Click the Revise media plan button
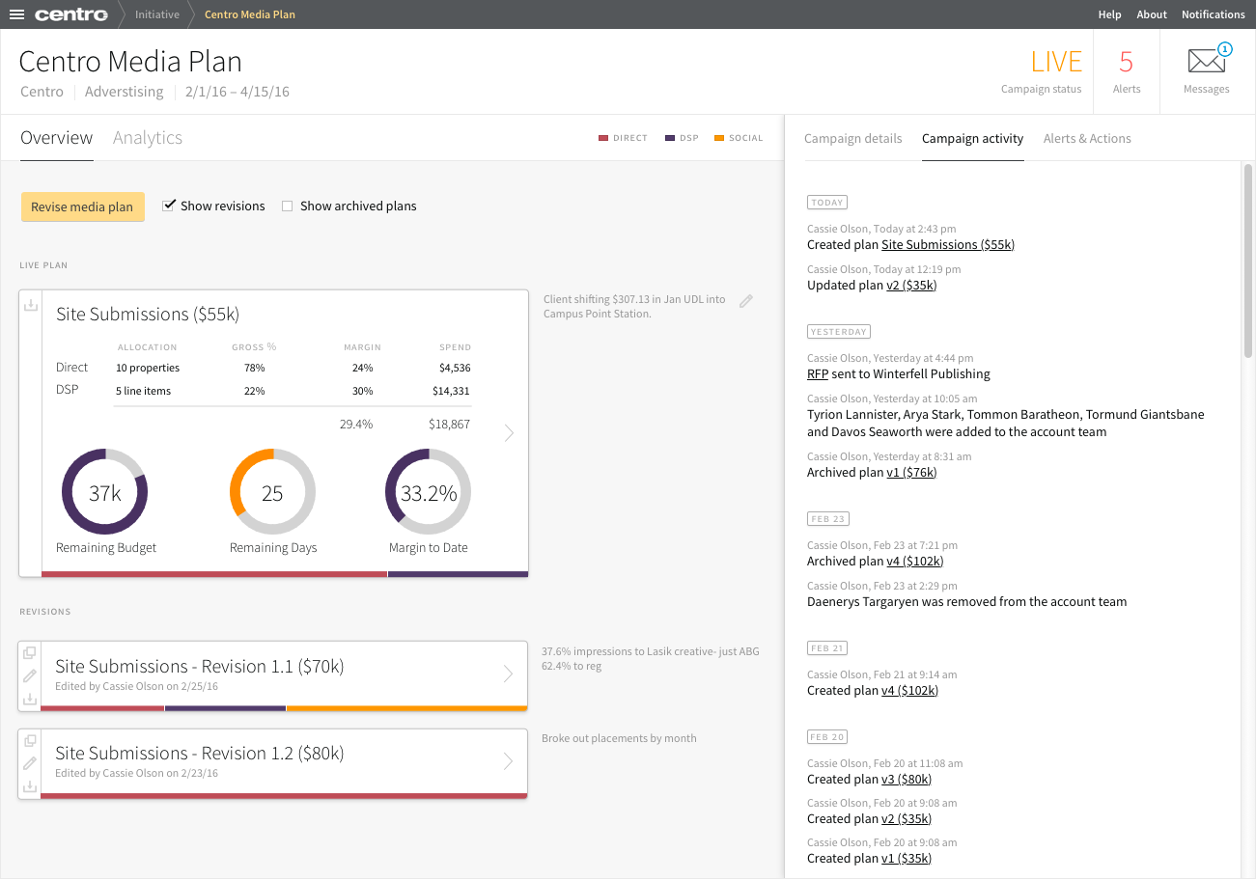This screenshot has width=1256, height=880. click(x=82, y=206)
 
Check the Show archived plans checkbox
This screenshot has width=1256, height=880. click(x=287, y=206)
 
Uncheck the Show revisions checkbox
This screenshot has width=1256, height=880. click(x=169, y=206)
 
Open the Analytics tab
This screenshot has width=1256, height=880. click(x=148, y=138)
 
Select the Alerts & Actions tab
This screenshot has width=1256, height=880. click(x=1087, y=139)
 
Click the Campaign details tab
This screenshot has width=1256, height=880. click(x=852, y=139)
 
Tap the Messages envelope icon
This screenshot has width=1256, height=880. click(x=1206, y=63)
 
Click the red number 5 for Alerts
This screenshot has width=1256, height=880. click(x=1126, y=63)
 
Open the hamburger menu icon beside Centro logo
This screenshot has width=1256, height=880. click(x=16, y=14)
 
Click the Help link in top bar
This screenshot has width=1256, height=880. click(x=1109, y=14)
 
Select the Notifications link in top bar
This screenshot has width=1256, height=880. click(x=1213, y=14)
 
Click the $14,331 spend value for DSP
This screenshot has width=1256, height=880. click(x=452, y=391)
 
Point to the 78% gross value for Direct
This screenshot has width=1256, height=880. click(x=254, y=368)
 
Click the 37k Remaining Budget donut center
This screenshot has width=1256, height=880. click(x=104, y=493)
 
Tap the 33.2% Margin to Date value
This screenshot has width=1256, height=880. click(x=428, y=493)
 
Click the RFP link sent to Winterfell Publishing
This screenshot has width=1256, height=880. click(x=818, y=374)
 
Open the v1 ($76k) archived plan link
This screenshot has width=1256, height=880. click(x=910, y=473)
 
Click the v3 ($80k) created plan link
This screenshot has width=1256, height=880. click(x=907, y=780)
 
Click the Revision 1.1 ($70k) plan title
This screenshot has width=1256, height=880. click(x=199, y=667)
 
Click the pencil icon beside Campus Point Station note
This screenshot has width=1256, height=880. click(x=745, y=301)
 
